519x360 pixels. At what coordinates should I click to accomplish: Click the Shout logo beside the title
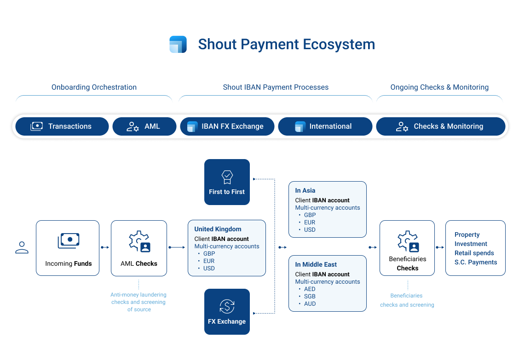[178, 45]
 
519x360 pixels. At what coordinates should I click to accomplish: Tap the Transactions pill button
[63, 126]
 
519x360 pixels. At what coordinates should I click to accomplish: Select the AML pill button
[144, 126]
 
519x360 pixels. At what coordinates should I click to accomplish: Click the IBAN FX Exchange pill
[227, 126]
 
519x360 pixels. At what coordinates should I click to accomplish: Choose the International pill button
[325, 126]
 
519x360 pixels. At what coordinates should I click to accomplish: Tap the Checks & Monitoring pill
[440, 126]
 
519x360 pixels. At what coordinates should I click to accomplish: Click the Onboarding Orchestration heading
[94, 87]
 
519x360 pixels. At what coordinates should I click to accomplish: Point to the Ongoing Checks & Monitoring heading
[439, 87]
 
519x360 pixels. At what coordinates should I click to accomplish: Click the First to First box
[227, 182]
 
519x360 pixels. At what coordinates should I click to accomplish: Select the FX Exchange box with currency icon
[227, 311]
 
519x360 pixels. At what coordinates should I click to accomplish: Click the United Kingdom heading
[218, 229]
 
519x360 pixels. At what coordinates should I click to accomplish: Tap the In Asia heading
[305, 190]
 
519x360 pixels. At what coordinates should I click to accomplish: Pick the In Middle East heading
[316, 264]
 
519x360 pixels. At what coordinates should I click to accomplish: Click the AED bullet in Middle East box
[310, 289]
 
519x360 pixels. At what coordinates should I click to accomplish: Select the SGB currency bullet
[310, 297]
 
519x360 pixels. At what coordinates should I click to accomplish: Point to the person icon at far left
[22, 248]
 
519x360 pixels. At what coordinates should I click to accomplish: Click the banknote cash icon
[69, 240]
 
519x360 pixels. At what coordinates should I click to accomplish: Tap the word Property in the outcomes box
[467, 235]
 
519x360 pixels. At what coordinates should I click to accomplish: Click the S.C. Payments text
[475, 263]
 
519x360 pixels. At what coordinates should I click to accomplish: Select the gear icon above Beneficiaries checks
[408, 242]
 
